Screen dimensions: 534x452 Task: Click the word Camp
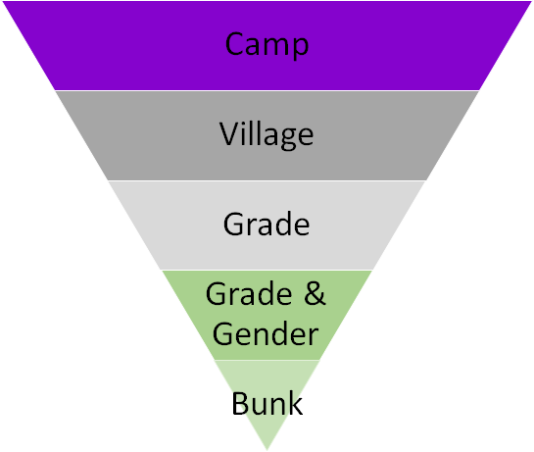(x=267, y=45)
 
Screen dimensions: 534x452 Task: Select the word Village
(x=267, y=135)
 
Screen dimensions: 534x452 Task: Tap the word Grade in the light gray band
(x=267, y=224)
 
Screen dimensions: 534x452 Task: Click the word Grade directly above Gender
(x=249, y=293)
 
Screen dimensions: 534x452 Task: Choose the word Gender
(x=266, y=333)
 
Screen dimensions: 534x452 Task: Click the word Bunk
(x=267, y=403)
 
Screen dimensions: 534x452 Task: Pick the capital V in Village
(x=229, y=133)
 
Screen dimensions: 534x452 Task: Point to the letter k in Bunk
(x=295, y=403)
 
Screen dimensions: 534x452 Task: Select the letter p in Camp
(x=301, y=48)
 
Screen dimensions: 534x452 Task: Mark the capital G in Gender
(x=222, y=333)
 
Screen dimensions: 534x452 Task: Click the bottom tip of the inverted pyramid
(x=267, y=450)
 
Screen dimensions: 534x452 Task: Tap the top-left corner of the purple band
(x=3, y=1)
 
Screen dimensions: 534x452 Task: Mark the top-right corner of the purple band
(x=531, y=1)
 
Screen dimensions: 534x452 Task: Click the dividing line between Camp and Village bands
(x=267, y=90)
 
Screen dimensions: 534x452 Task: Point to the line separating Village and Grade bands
(x=267, y=180)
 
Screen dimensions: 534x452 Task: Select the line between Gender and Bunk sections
(x=267, y=360)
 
